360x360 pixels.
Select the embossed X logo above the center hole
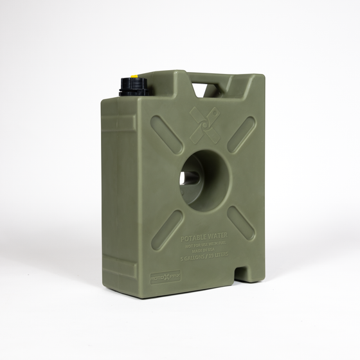click(x=204, y=124)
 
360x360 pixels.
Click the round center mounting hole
click(x=204, y=181)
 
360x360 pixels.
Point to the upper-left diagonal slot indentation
click(x=166, y=134)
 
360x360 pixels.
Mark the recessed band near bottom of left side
click(x=120, y=267)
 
